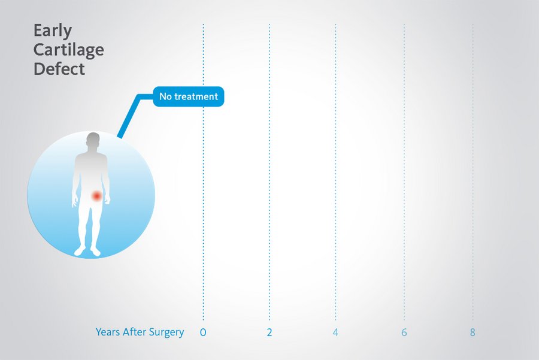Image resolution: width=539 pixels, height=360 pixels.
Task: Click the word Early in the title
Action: point(53,31)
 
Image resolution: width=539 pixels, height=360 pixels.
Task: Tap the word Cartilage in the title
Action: point(69,50)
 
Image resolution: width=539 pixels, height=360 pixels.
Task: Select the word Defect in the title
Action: point(59,69)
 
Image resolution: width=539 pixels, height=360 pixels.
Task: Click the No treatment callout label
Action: point(189,96)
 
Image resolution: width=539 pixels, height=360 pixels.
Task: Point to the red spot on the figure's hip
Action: point(97,196)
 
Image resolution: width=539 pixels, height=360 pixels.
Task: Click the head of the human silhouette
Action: point(93,140)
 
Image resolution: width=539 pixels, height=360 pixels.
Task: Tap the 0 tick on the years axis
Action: point(203,332)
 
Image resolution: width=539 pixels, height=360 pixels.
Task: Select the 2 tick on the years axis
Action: point(269,332)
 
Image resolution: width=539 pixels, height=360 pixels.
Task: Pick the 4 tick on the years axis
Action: point(335,332)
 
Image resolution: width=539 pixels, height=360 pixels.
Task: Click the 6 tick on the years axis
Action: point(404,332)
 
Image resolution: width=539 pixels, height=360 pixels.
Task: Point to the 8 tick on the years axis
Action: point(473,332)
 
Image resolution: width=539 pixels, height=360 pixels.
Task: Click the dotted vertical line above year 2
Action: point(269,172)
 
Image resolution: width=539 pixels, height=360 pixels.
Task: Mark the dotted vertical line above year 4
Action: point(335,172)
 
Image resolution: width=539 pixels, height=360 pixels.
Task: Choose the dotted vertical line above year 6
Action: point(404,172)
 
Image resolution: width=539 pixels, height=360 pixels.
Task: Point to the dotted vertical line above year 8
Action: point(473,172)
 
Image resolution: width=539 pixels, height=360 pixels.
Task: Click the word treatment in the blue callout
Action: point(196,96)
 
